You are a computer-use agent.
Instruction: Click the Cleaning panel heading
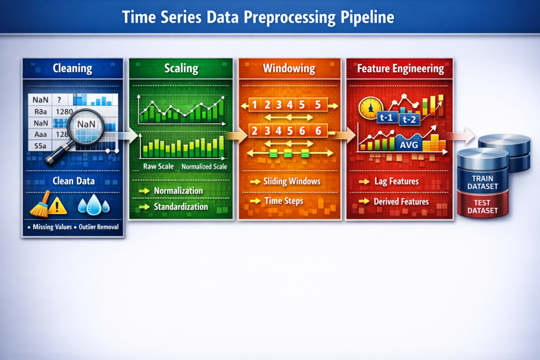click(72, 69)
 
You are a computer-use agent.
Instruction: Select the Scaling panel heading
click(181, 69)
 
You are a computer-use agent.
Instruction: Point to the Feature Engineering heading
click(400, 69)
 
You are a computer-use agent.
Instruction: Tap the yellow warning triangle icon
click(57, 206)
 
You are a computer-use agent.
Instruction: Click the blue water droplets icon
click(93, 205)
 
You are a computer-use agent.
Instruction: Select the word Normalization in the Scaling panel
click(178, 190)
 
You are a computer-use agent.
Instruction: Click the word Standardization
click(181, 207)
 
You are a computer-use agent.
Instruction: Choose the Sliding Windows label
click(292, 181)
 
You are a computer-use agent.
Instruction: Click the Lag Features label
click(396, 181)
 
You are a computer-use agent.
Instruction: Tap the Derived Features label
click(401, 201)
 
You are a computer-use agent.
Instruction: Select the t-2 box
click(409, 120)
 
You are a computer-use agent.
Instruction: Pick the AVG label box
click(409, 144)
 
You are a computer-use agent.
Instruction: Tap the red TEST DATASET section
click(483, 206)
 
